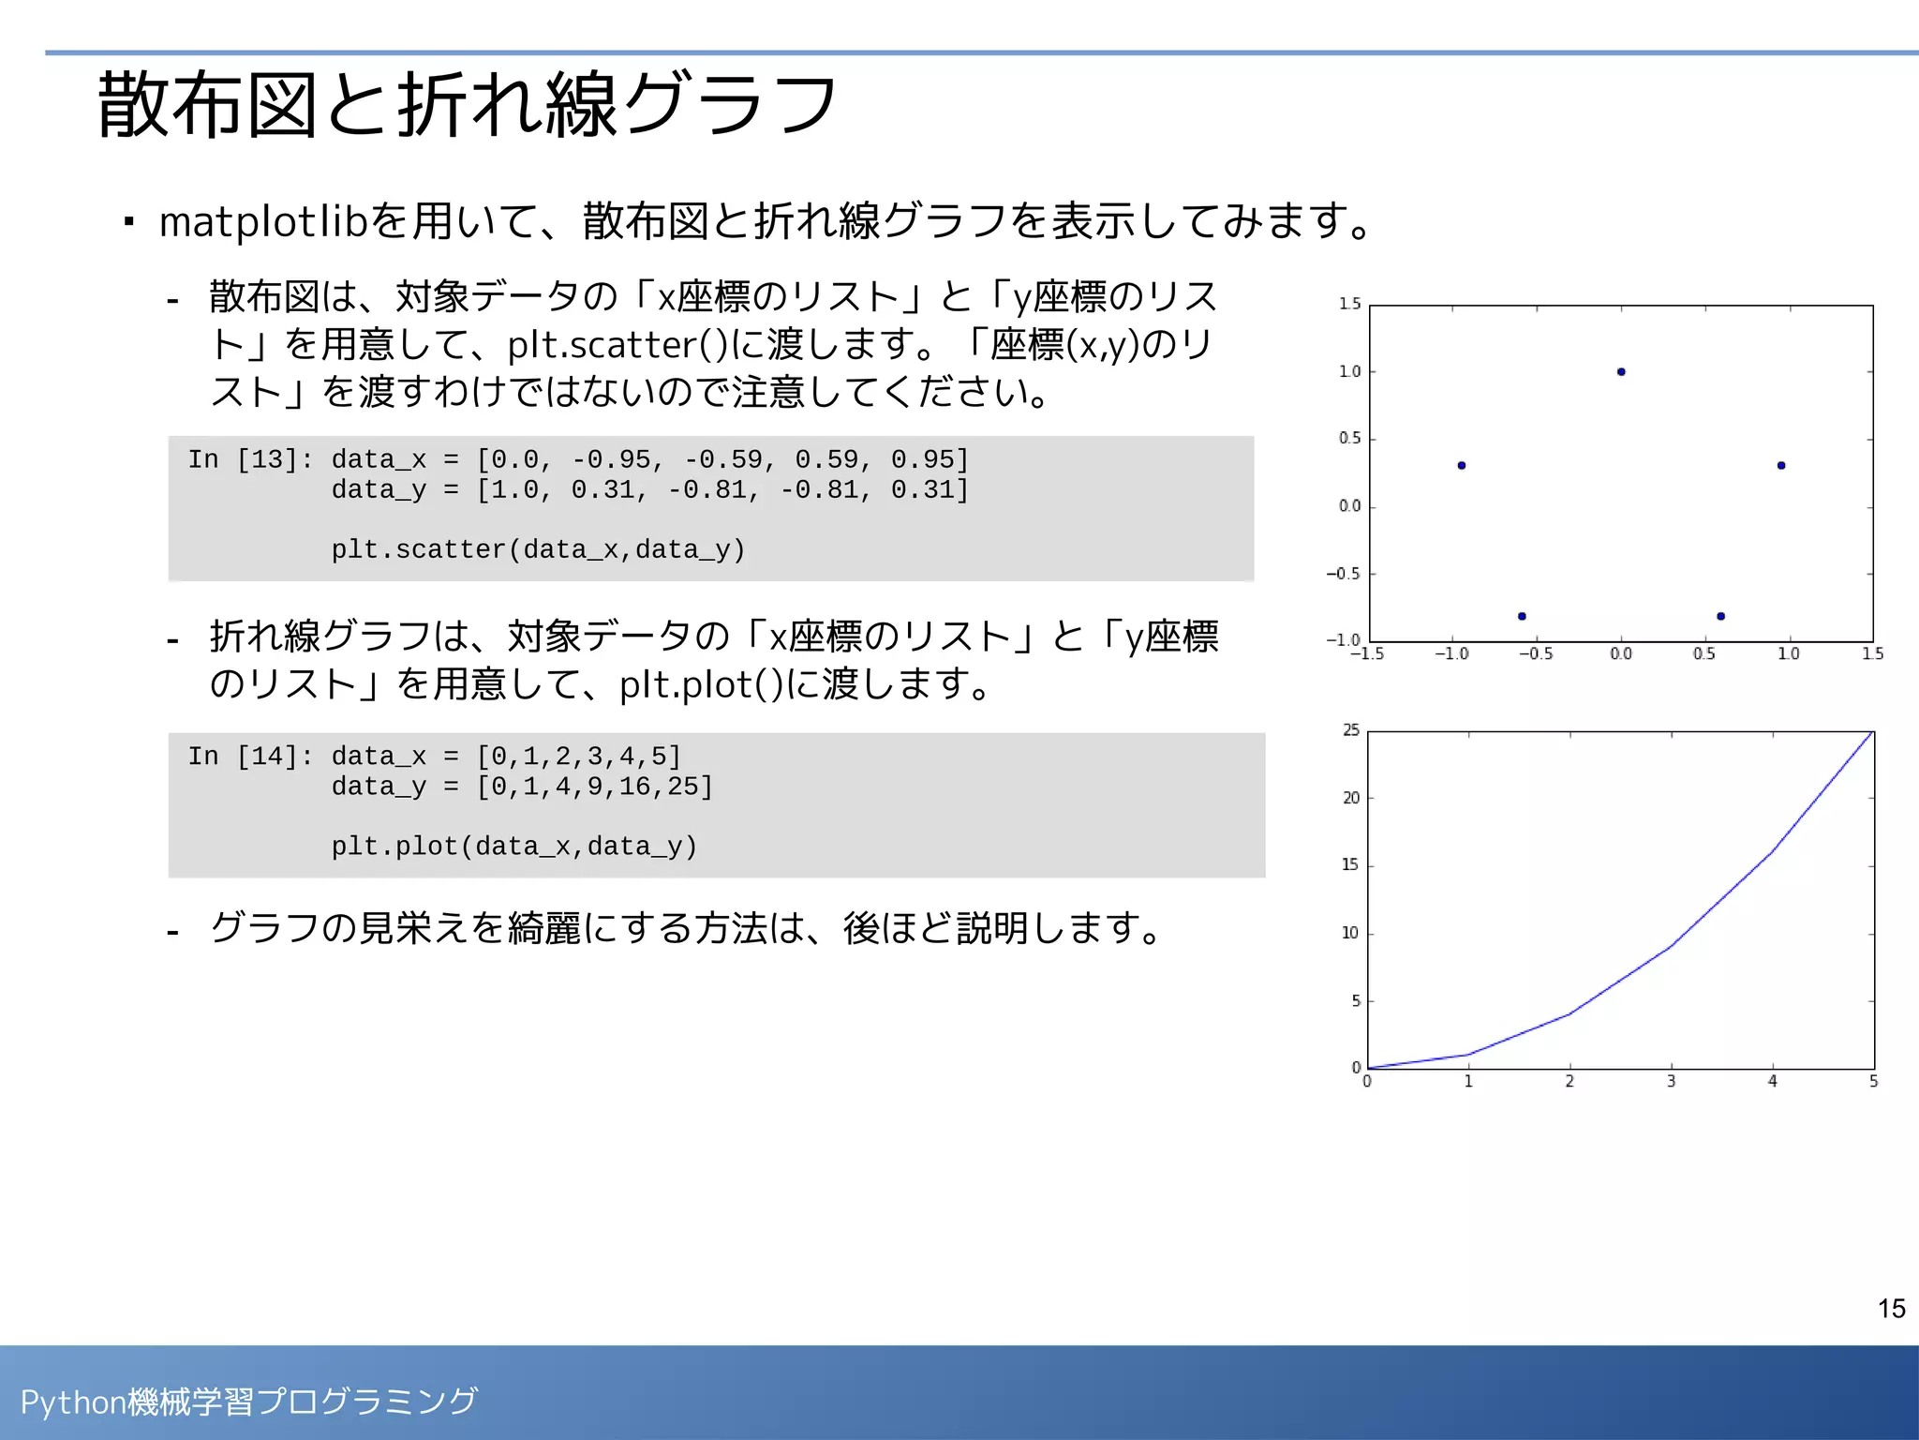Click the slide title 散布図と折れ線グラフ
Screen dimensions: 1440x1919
(467, 105)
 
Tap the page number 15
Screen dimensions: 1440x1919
(1891, 1309)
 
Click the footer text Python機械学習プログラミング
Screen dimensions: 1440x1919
(249, 1402)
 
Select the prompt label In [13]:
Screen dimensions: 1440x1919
(250, 459)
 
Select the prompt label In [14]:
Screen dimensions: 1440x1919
(250, 757)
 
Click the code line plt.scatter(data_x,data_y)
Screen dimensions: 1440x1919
(538, 549)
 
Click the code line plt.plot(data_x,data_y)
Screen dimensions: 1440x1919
(514, 847)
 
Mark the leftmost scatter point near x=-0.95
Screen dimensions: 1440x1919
(1462, 465)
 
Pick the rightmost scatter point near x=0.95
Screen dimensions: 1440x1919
(1781, 465)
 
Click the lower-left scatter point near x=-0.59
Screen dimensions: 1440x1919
(1522, 616)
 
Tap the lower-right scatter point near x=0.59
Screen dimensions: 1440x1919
(1720, 616)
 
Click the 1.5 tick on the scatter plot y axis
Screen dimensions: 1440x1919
(1349, 304)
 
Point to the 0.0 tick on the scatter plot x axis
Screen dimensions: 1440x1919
(1621, 653)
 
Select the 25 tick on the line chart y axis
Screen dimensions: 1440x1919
(1350, 730)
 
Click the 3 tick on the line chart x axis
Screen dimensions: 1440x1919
(1671, 1082)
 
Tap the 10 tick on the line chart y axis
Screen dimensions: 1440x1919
(1349, 933)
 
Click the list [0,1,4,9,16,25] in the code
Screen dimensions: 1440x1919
(595, 787)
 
